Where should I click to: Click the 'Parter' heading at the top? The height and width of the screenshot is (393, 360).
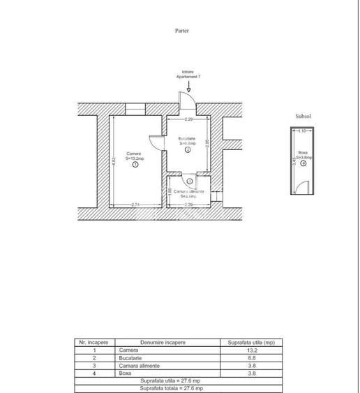(x=182, y=31)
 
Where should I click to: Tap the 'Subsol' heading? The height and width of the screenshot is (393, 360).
(x=303, y=117)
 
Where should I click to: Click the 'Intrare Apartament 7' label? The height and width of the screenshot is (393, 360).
(x=188, y=74)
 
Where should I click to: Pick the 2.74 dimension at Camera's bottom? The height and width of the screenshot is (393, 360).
(x=137, y=204)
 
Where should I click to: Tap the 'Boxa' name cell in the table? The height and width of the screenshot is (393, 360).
(x=126, y=373)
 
